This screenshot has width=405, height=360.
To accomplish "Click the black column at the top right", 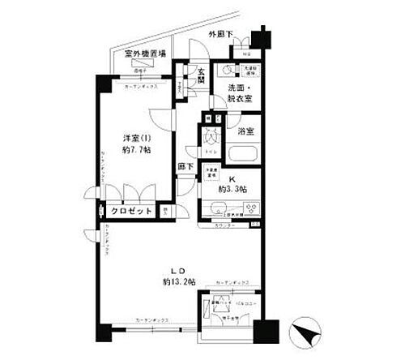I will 259,38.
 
